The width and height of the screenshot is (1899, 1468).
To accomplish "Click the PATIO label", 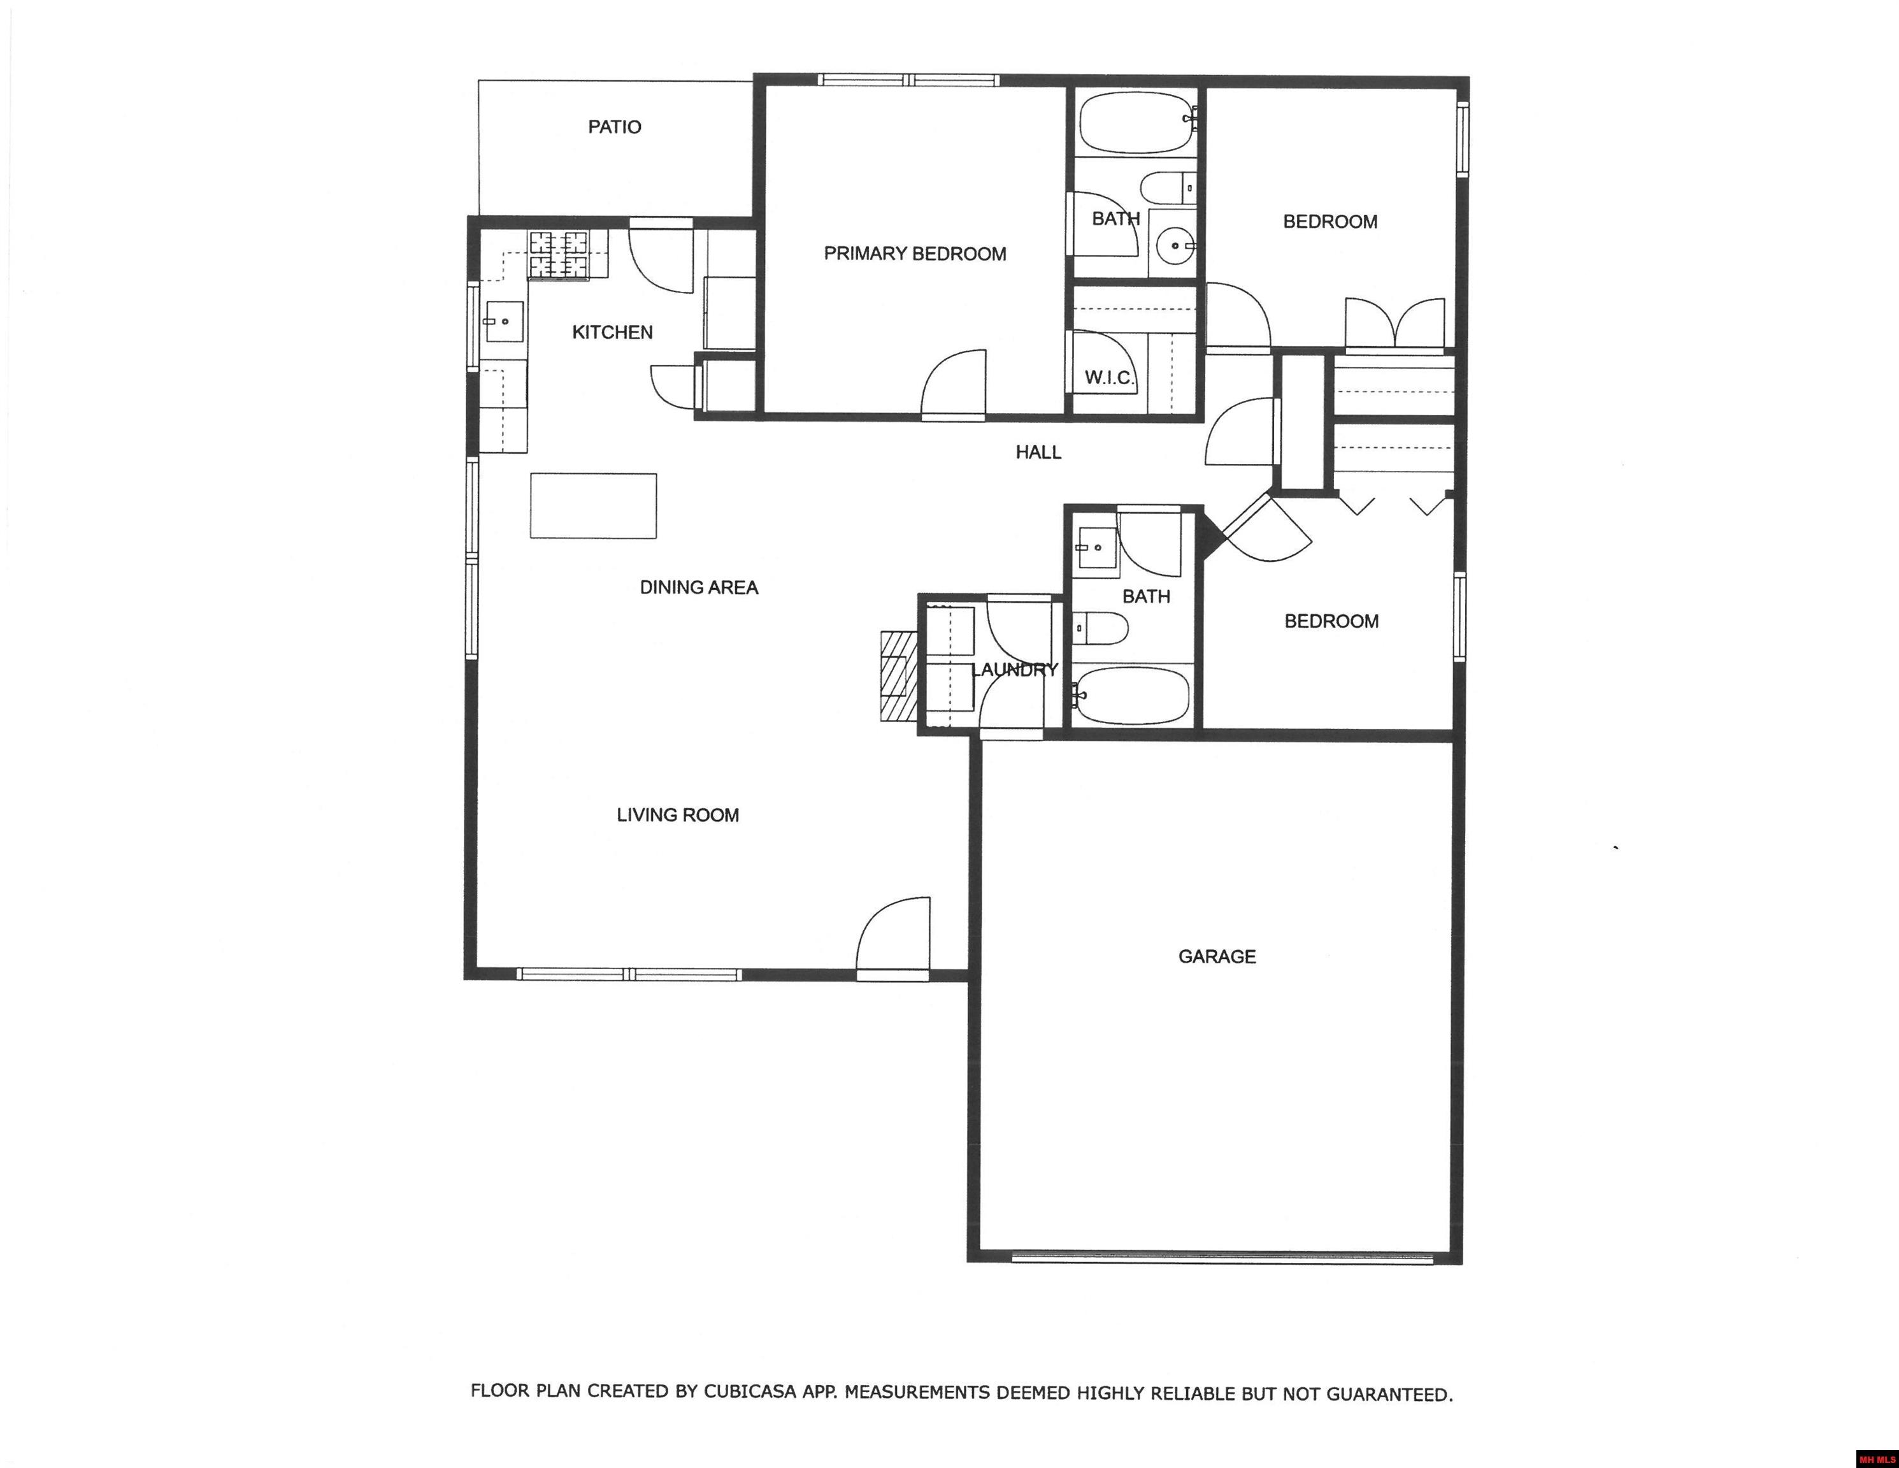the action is (x=615, y=127).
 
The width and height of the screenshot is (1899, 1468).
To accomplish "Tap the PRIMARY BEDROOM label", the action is (x=915, y=254).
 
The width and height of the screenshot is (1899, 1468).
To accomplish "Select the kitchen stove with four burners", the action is (x=558, y=255).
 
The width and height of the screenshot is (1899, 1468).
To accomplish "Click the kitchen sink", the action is (x=505, y=322).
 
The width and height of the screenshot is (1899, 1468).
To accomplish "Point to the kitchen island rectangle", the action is (x=594, y=505).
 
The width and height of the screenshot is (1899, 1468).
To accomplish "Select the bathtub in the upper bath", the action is (x=1136, y=122).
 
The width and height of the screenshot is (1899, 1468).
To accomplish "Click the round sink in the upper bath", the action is (x=1174, y=245).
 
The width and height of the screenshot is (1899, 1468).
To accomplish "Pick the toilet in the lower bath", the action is (x=1100, y=627).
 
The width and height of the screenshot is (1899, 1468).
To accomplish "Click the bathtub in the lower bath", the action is (x=1131, y=696).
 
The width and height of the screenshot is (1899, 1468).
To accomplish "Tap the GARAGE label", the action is (x=1217, y=956).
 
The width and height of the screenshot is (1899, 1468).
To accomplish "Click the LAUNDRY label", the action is (x=1015, y=670).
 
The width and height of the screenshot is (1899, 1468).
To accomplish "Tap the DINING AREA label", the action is (x=699, y=588).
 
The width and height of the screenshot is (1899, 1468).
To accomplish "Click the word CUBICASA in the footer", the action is (x=750, y=1392).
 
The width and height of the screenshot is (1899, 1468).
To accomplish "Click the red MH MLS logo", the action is (x=1877, y=1458).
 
